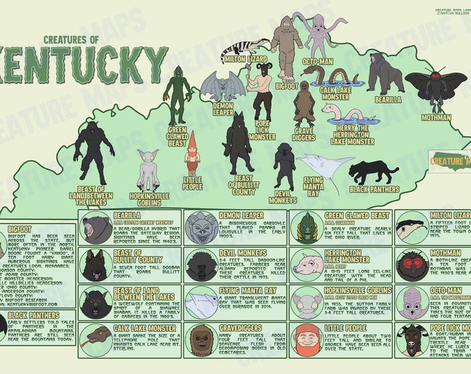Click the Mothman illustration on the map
tap(436, 87)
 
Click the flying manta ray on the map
tap(325, 166)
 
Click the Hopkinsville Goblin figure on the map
tap(148, 169)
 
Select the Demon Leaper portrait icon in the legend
tap(201, 228)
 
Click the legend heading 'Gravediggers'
tap(242, 328)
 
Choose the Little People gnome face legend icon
tap(307, 340)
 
